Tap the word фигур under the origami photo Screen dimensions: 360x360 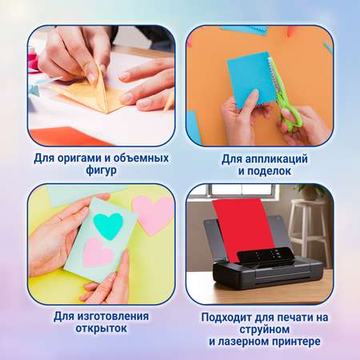click(x=101, y=170)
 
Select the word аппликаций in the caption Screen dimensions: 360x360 click(x=276, y=159)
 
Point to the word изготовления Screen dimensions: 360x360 click(x=113, y=317)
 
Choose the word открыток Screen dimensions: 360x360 click(x=101, y=328)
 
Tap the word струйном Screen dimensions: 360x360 click(x=264, y=330)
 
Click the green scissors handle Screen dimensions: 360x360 click(x=290, y=114)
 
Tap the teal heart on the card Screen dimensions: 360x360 click(x=108, y=226)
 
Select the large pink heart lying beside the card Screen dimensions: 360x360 click(x=153, y=214)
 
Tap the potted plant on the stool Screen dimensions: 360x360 click(x=310, y=191)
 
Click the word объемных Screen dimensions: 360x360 click(x=141, y=158)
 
